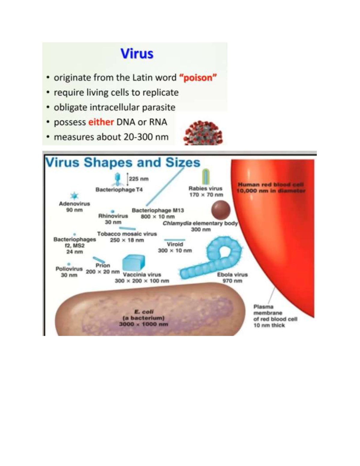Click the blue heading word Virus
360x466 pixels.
(137, 54)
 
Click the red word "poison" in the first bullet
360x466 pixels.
(198, 78)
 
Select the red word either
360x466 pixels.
(101, 122)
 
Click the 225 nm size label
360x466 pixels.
(139, 179)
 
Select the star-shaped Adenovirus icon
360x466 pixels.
(74, 196)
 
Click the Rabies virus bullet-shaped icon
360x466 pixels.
(206, 176)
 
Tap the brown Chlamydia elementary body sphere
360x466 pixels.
(221, 210)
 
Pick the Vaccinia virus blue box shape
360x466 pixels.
(133, 263)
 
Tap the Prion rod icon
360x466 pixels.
(98, 260)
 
